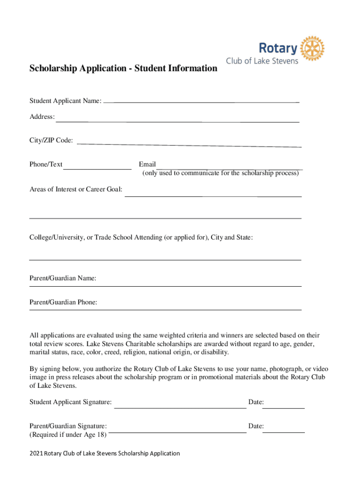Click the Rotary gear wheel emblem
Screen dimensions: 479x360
coord(312,48)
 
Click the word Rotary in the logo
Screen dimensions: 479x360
coord(278,48)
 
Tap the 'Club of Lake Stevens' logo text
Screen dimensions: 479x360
coord(262,61)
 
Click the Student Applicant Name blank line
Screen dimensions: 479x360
coord(201,102)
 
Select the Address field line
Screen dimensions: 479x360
coord(178,121)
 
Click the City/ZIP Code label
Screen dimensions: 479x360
coord(51,140)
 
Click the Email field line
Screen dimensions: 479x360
coord(229,168)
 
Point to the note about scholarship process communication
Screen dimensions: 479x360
coord(220,174)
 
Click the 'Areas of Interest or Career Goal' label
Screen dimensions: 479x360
coord(76,189)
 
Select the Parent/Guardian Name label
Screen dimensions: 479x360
coord(63,278)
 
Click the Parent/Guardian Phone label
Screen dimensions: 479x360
coord(64,302)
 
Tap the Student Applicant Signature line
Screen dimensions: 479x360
coord(180,407)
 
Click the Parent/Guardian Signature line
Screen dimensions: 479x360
coord(178,432)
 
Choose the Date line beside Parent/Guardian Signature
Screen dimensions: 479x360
coord(283,432)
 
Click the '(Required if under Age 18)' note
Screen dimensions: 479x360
coord(68,435)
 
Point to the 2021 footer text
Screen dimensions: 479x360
coord(105,453)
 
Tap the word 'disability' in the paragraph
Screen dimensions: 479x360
coord(214,352)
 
